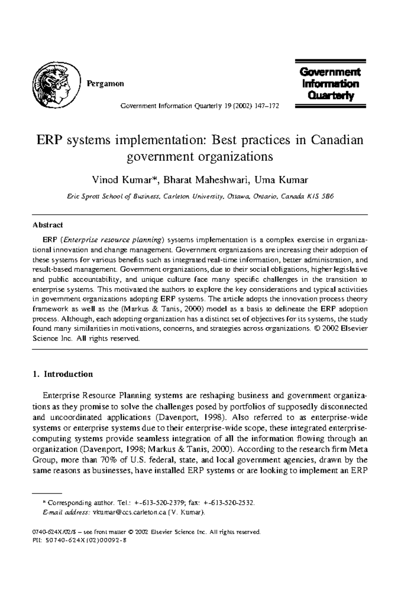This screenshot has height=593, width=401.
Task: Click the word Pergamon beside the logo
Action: click(105, 84)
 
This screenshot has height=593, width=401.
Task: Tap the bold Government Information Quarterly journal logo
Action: click(330, 84)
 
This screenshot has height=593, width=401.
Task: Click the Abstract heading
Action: click(47, 225)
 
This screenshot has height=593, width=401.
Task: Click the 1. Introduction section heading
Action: click(63, 374)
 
